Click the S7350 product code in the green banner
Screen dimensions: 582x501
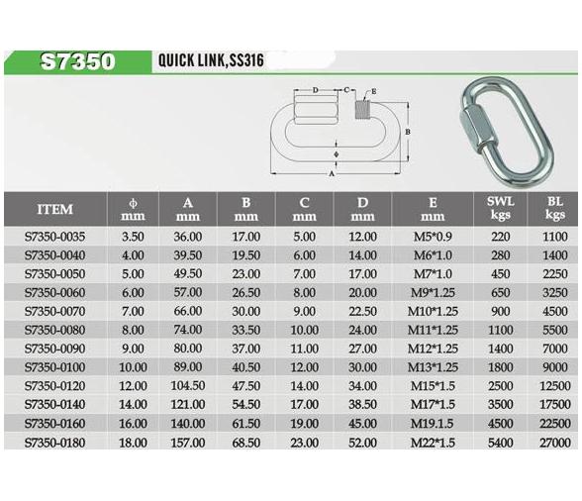[x=77, y=61]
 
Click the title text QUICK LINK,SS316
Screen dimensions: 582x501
[x=211, y=60]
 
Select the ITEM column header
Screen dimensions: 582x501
[x=55, y=209]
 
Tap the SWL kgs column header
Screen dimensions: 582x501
[x=501, y=208]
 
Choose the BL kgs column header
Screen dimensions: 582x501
[x=555, y=208]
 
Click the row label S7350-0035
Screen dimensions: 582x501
[x=55, y=237]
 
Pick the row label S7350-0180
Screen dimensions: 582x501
[x=55, y=443]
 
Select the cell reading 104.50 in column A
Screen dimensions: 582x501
[x=188, y=385]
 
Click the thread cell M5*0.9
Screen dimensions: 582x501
[x=433, y=237]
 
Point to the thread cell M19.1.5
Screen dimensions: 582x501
[x=432, y=424]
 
